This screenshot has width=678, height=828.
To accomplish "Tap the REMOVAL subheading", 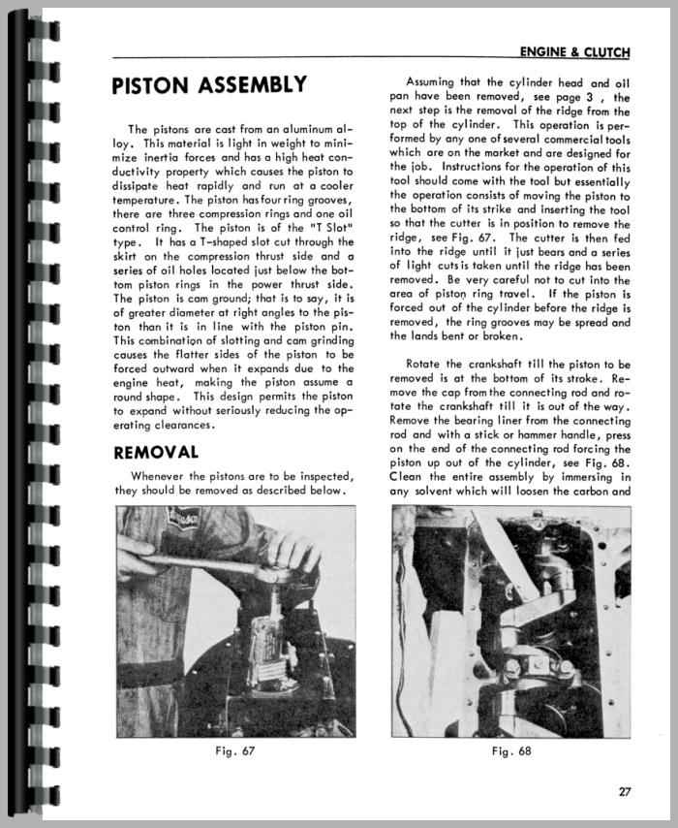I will coord(156,452).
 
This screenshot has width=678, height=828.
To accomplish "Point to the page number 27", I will coord(625,789).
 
